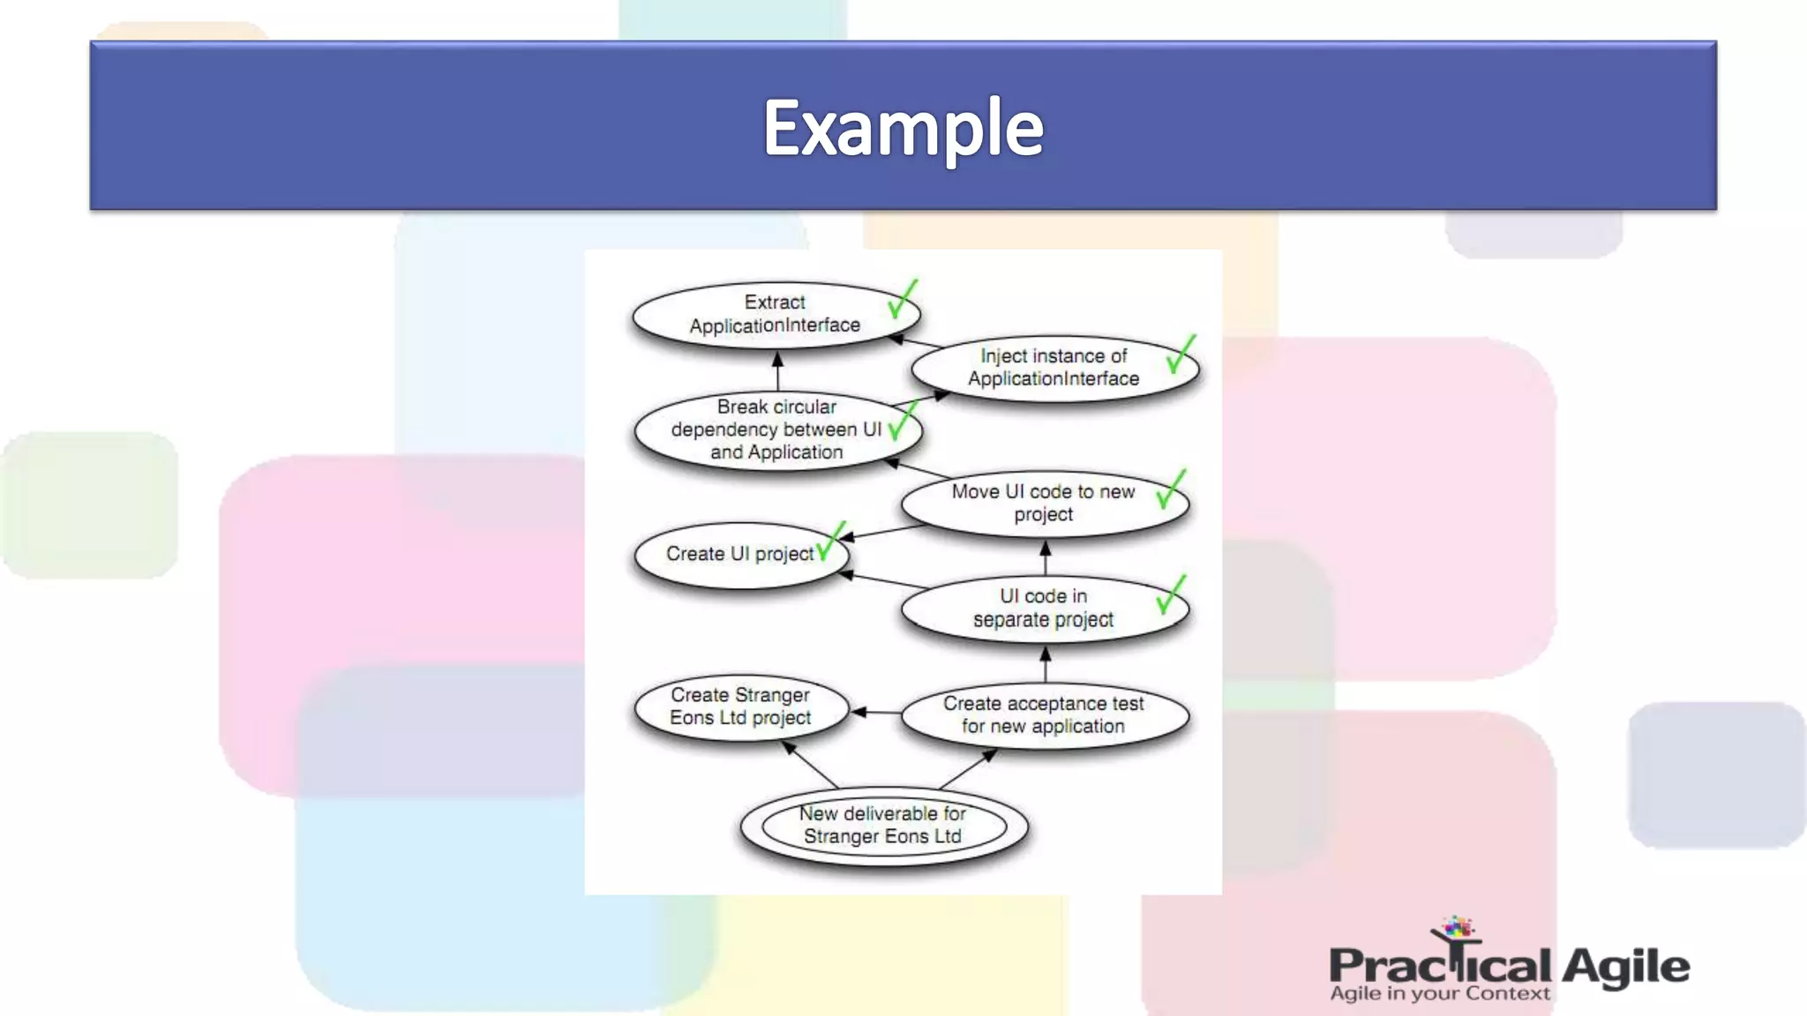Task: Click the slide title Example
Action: pyautogui.click(x=903, y=129)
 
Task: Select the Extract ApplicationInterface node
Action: pyautogui.click(x=775, y=314)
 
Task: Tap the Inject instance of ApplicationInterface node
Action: pyautogui.click(x=1053, y=368)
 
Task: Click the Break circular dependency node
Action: pyautogui.click(x=776, y=430)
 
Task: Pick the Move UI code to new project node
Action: pyautogui.click(x=1043, y=503)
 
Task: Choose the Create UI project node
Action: pyautogui.click(x=739, y=554)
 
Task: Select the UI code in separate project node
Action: pyautogui.click(x=1043, y=608)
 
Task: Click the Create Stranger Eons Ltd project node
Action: pyautogui.click(x=739, y=706)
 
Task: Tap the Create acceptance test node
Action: pyautogui.click(x=1043, y=715)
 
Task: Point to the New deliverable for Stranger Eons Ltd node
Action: pyautogui.click(x=883, y=825)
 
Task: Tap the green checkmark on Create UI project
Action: pyautogui.click(x=830, y=540)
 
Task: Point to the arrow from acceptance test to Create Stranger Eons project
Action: pyautogui.click(x=875, y=712)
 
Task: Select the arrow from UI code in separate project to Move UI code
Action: pyautogui.click(x=1046, y=558)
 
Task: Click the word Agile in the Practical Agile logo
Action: pyautogui.click(x=1625, y=967)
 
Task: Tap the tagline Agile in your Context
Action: pyautogui.click(x=1439, y=994)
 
